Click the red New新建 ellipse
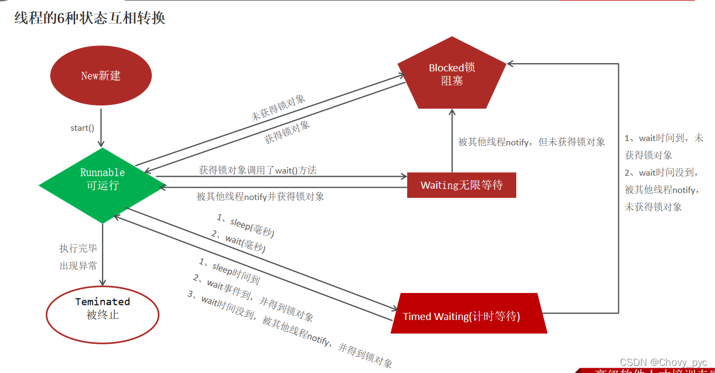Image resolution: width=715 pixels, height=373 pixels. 101,76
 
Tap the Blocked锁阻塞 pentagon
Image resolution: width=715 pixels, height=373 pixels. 452,75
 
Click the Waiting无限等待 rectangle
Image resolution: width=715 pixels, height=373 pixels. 461,185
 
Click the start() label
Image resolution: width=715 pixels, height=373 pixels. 82,128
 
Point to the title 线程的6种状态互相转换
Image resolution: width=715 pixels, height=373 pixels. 90,18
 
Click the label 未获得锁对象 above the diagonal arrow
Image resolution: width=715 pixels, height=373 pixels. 278,108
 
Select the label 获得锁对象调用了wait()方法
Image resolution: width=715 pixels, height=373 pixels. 258,170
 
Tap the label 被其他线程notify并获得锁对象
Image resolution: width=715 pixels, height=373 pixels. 260,197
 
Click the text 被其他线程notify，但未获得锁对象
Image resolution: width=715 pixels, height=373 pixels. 531,142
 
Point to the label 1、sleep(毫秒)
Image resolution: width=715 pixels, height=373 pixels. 246,226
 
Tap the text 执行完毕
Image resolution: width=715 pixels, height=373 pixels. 78,249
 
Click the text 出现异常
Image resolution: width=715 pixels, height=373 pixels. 78,266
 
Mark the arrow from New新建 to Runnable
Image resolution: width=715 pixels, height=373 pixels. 102,124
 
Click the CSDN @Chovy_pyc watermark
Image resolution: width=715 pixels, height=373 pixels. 663,362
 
